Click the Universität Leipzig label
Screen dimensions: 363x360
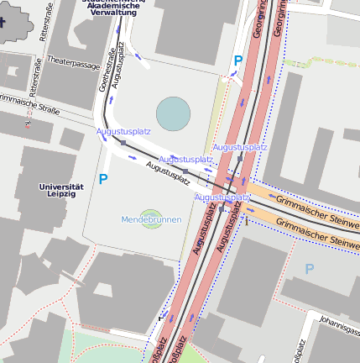click(62, 190)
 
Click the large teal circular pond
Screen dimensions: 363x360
click(174, 114)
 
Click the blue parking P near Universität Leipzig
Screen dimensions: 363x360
click(103, 179)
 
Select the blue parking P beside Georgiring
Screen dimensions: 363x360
click(238, 60)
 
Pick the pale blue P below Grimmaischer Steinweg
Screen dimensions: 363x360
click(309, 269)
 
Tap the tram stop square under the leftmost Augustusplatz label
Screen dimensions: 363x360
click(123, 144)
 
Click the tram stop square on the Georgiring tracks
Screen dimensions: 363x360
click(240, 158)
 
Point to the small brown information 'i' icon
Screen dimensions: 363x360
click(28, 124)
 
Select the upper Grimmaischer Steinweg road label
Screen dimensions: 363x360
click(315, 204)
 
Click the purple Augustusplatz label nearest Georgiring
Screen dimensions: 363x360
click(240, 147)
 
